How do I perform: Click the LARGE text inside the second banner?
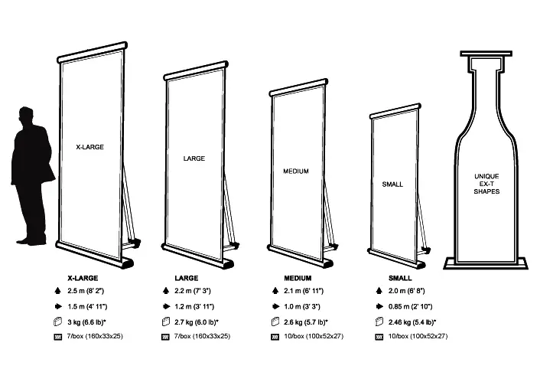coord(194,159)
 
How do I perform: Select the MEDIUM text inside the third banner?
coord(296,171)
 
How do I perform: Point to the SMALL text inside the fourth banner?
coord(392,184)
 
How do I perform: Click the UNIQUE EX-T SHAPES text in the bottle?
coord(486,184)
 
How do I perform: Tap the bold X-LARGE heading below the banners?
coord(82,278)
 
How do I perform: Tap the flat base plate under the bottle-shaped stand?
coord(486,264)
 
